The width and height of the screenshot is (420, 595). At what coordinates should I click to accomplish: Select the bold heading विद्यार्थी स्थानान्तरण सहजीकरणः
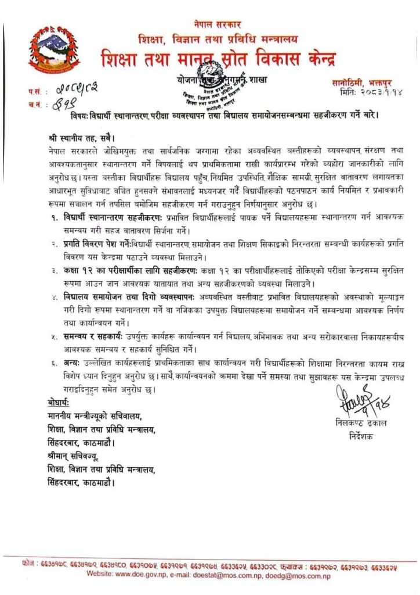[114, 216]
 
